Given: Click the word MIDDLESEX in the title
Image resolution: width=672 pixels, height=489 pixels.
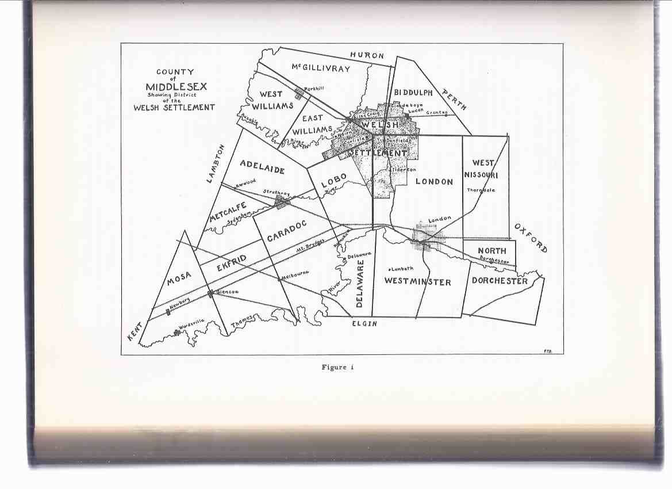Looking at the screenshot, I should pos(176,87).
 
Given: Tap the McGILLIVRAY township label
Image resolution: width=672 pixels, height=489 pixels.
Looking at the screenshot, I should pos(320,68).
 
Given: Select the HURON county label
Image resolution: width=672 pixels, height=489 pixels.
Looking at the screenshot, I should pos(367,56).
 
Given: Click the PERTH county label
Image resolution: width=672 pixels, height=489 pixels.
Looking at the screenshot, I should pos(454,99).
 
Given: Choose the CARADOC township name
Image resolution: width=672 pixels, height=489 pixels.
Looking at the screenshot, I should pos(286,230).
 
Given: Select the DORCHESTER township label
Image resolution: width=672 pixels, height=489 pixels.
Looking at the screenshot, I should pos(499,281).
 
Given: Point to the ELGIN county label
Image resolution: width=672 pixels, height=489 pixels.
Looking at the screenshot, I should pos(364,324).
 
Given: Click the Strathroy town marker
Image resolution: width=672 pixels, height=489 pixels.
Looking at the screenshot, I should pos(281,201).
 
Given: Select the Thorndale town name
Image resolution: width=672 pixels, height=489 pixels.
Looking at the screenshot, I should pos(481,190).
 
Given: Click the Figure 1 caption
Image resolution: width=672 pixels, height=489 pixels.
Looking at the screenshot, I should pos(337,368).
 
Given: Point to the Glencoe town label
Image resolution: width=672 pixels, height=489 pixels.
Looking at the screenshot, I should pos(226,292).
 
